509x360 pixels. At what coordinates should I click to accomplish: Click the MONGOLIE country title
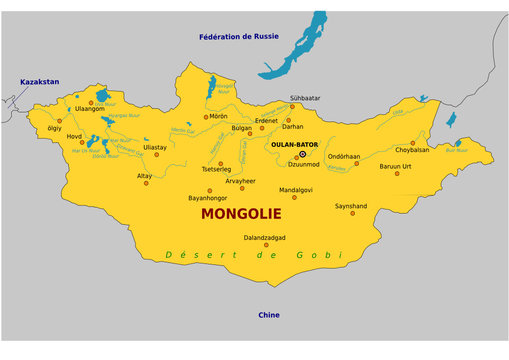click(x=241, y=214)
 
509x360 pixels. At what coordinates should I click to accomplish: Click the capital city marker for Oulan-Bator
click(x=302, y=154)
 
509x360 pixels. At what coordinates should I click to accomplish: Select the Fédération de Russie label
click(x=238, y=37)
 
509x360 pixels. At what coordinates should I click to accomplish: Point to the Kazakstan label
click(x=40, y=81)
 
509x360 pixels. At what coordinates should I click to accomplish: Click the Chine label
click(x=269, y=315)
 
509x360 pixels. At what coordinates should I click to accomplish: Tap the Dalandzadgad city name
click(x=265, y=238)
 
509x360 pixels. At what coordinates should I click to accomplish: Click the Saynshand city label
click(x=351, y=206)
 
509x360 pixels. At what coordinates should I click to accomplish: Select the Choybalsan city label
click(x=412, y=150)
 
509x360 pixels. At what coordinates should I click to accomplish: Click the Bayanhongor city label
click(x=209, y=198)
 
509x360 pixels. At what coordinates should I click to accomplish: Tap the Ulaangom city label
click(x=90, y=110)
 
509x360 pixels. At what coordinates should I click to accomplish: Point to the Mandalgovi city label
click(x=296, y=189)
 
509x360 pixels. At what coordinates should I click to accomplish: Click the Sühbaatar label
click(x=305, y=98)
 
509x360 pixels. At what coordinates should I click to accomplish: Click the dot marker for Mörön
click(x=207, y=117)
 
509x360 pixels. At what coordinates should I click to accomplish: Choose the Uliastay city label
click(x=155, y=146)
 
